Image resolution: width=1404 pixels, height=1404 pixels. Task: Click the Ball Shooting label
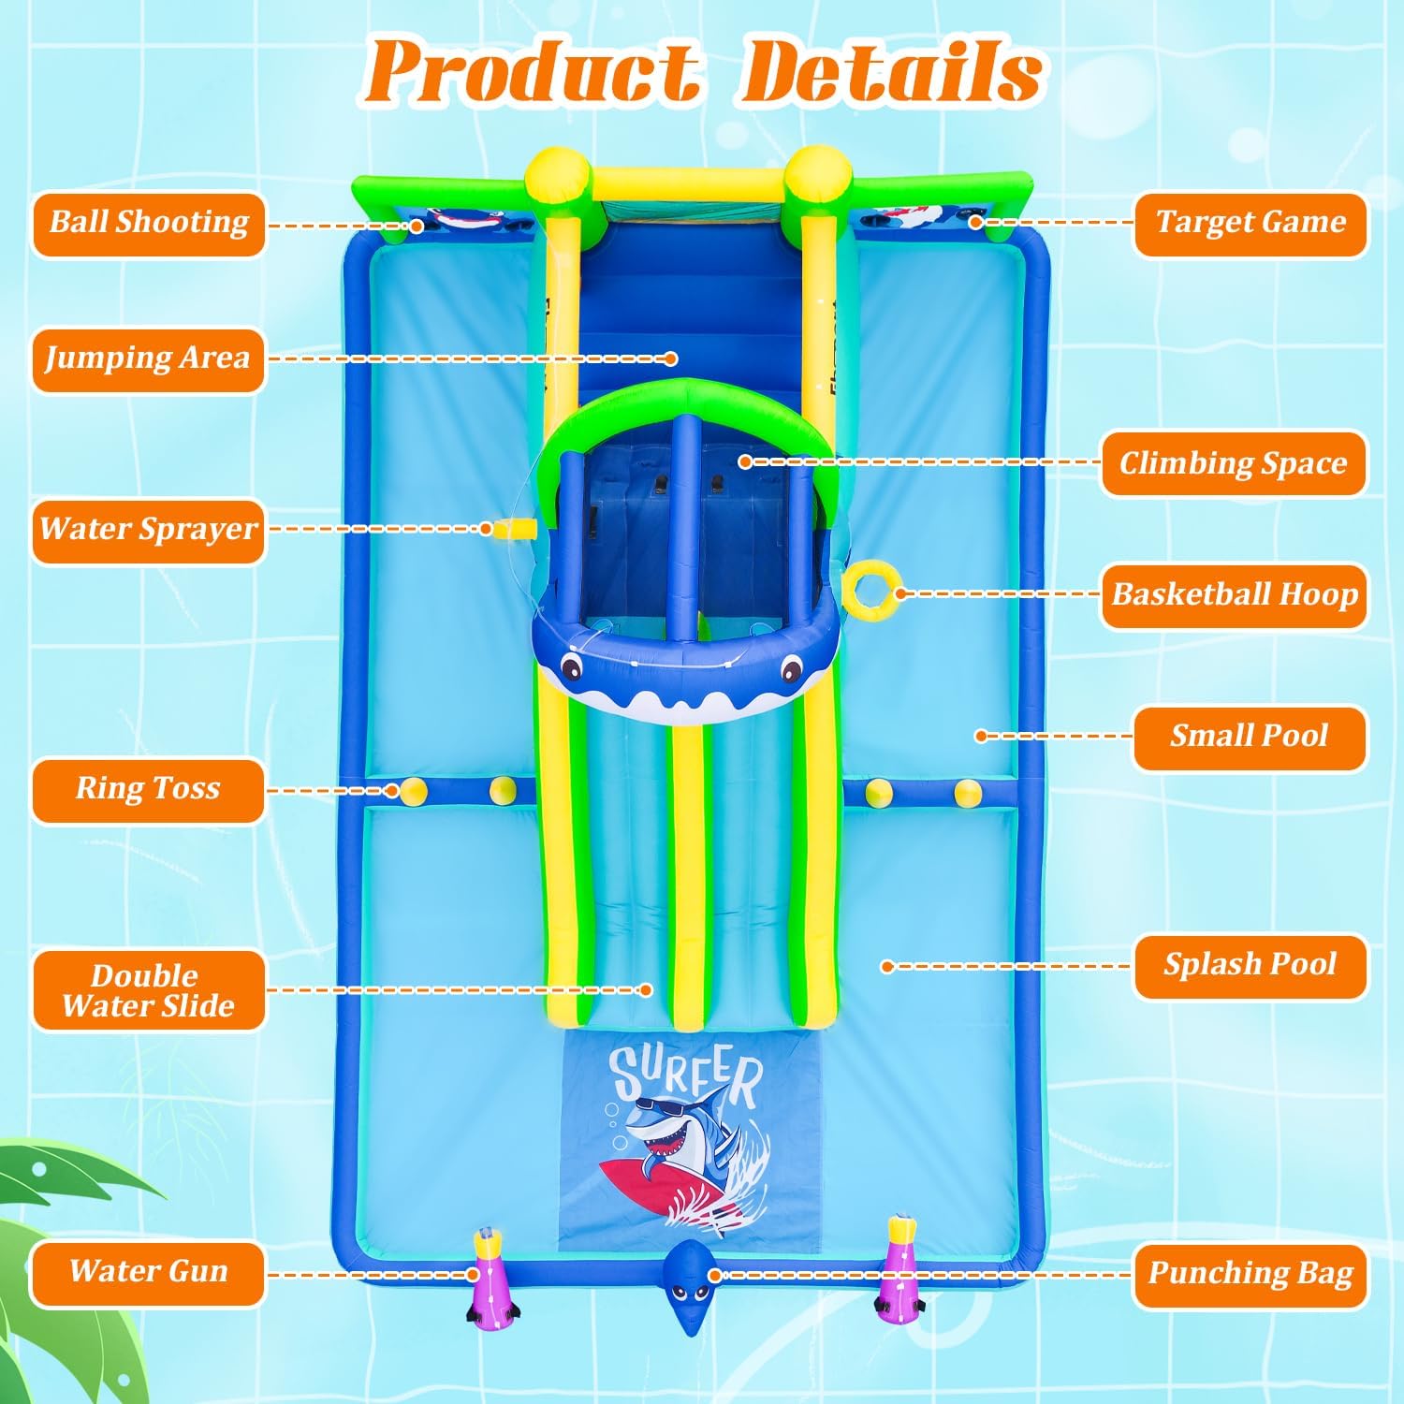[x=149, y=224]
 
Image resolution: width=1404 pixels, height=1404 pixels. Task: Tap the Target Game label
[x=1250, y=224]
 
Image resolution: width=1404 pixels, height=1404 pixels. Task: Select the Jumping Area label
[x=149, y=359]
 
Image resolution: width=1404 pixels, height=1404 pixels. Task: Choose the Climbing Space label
[x=1234, y=463]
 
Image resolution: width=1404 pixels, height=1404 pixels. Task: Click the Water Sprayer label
[x=149, y=531]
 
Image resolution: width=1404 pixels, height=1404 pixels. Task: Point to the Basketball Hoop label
[x=1234, y=595]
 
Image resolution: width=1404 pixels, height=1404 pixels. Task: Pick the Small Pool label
[x=1250, y=738]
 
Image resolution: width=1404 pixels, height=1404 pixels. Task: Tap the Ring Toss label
[x=149, y=790]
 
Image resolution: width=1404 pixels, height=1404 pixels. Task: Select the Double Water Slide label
[x=149, y=990]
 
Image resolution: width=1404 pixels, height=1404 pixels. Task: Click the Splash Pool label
[x=1250, y=966]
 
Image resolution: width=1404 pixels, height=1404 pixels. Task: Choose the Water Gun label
[x=149, y=1273]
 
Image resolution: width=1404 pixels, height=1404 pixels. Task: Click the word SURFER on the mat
[x=686, y=1075]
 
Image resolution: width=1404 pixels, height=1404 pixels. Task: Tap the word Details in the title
[x=891, y=72]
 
